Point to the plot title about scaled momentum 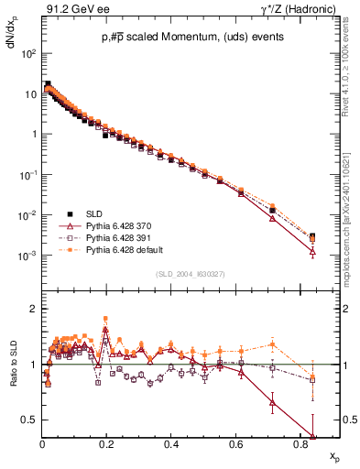[x=191, y=37]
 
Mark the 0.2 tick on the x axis [x=106, y=442]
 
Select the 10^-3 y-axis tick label [x=28, y=256]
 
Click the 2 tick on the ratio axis [x=33, y=309]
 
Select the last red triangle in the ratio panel [x=313, y=436]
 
